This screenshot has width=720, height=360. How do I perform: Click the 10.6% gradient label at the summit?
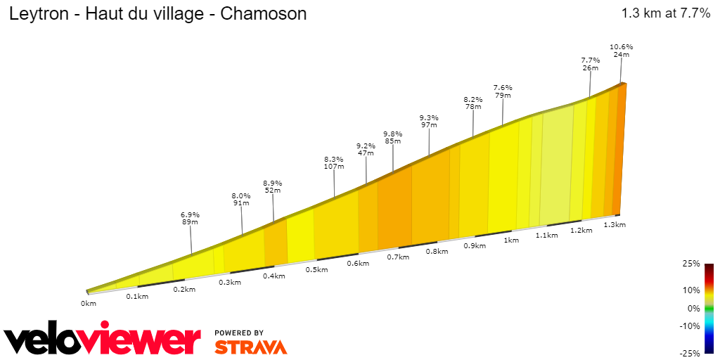pos(622,47)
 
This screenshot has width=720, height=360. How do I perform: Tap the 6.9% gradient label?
pos(191,214)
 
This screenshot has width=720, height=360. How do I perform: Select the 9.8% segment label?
pos(392,134)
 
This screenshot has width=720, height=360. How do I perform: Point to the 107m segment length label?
pos(334,167)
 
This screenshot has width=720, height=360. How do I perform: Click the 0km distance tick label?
pos(88,304)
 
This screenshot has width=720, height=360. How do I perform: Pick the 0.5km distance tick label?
pos(317,270)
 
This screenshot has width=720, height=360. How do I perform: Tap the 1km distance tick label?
pos(511,240)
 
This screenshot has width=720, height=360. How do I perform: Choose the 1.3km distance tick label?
pos(615,225)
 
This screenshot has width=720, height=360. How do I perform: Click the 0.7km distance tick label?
pos(398,257)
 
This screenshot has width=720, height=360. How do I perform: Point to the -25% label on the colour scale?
pos(691,353)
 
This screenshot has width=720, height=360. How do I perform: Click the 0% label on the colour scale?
pos(694,309)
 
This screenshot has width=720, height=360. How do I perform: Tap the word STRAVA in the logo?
pos(250,347)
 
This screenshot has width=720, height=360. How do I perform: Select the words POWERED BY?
pos(239,333)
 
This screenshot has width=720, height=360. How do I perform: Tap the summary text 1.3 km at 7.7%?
pos(666,13)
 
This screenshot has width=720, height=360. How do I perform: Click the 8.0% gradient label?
pos(241,195)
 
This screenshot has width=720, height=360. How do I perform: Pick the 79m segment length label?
pos(503,96)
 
